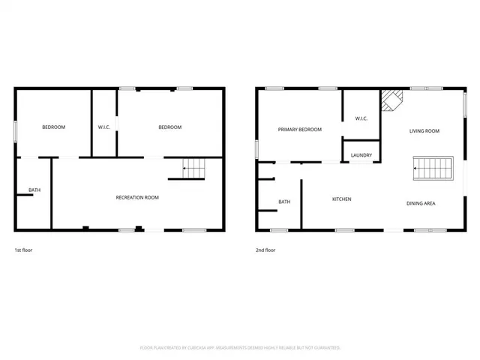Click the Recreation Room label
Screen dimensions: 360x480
coord(137,197)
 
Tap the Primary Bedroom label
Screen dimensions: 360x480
coord(299,130)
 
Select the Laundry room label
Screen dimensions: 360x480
coord(361,155)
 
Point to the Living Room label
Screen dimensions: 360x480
coord(424,131)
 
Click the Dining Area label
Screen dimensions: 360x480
coord(421,203)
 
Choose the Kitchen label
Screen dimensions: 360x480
coord(342,199)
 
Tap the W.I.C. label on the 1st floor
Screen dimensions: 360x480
coord(104,127)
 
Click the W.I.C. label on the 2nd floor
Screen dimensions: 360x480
coord(361,118)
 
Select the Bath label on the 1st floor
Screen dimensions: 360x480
coord(34,190)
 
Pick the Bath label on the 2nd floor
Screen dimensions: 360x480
coord(284,202)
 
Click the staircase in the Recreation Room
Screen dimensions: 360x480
coord(193,169)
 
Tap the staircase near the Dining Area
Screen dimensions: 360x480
coord(433,168)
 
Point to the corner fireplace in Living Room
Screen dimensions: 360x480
coord(391,100)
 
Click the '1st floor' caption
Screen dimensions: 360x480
coord(23,250)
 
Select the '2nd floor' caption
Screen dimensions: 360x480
coord(265,250)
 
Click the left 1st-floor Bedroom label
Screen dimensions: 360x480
coord(53,127)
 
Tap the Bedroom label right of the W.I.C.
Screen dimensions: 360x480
coord(169,127)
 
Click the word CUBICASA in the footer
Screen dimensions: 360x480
coord(205,348)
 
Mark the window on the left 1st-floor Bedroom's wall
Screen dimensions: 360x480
coord(16,129)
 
